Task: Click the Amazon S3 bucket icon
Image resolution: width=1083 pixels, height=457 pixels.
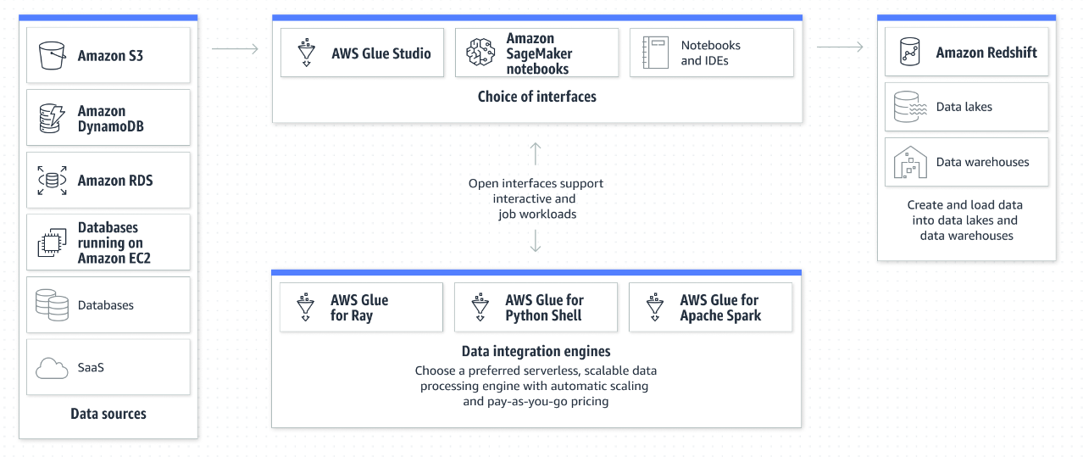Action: (x=52, y=56)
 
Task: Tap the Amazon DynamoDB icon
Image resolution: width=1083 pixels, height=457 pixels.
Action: (x=52, y=118)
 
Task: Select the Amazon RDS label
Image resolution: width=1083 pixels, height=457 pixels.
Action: (x=115, y=181)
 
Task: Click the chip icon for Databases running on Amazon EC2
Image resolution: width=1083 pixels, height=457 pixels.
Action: (x=52, y=242)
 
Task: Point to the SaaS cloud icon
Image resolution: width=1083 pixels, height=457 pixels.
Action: (x=52, y=369)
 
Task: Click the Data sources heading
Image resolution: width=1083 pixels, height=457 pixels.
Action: (x=108, y=414)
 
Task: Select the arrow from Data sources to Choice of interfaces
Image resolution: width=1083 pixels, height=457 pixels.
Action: (x=235, y=48)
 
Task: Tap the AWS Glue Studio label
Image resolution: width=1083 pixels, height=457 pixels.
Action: (x=381, y=53)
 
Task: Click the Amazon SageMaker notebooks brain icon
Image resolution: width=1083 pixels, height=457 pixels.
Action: (x=480, y=53)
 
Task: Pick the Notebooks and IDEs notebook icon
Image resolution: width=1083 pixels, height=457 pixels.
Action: (x=656, y=53)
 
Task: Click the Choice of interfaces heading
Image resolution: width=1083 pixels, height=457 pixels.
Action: (x=536, y=97)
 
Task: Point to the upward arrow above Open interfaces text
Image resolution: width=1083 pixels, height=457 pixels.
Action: (x=536, y=153)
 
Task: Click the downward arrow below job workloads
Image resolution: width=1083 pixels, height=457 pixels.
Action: (x=536, y=241)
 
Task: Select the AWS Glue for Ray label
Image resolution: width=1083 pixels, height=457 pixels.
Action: (x=359, y=308)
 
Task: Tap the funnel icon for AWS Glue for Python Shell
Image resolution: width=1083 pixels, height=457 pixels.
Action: (x=480, y=307)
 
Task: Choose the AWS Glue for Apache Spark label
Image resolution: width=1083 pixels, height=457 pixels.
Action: (x=720, y=308)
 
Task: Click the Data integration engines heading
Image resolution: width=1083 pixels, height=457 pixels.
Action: (x=536, y=351)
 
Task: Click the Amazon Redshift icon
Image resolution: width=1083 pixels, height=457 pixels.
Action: (x=910, y=51)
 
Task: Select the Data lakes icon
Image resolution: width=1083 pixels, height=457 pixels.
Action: (x=910, y=107)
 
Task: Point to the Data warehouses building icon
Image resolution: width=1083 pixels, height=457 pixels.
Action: (x=910, y=163)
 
